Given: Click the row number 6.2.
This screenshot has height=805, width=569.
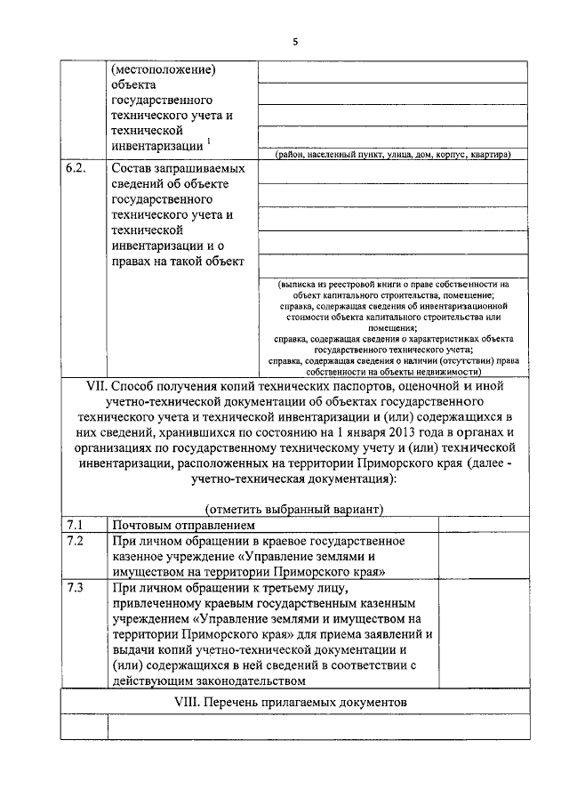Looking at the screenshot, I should point(76,167).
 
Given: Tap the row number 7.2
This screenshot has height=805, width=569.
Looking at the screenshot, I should point(74,540).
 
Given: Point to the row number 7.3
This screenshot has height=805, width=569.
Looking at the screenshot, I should point(74,588).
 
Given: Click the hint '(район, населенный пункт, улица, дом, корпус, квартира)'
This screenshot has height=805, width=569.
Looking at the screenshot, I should point(392,154).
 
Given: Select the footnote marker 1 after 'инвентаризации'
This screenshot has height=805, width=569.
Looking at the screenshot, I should point(209,139).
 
